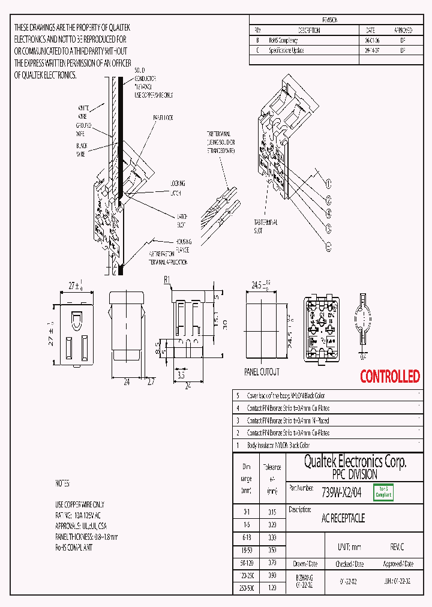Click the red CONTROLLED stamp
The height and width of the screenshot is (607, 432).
tap(389, 377)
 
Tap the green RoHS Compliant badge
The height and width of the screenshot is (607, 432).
tap(383, 492)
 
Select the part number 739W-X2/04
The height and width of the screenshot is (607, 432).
tap(341, 492)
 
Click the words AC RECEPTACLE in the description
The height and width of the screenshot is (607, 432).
tap(343, 518)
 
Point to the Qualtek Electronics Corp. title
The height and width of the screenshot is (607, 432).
tap(355, 461)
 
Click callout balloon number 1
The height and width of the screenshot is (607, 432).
tap(328, 183)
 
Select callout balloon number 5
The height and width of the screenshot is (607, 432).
tap(328, 246)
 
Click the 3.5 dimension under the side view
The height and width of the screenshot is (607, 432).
tap(181, 375)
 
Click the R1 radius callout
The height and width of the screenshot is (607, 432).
tap(167, 280)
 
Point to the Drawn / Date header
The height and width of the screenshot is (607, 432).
tap(304, 564)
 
